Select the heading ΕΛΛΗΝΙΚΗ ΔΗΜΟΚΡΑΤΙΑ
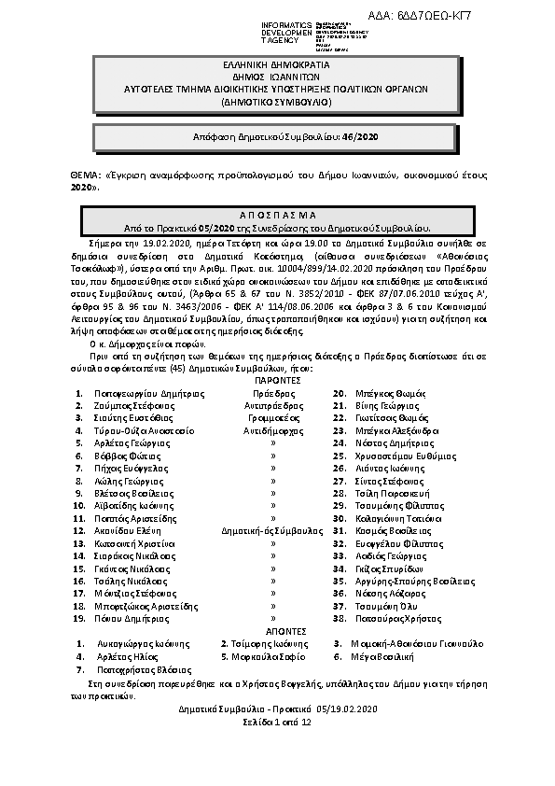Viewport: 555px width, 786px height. click(x=276, y=67)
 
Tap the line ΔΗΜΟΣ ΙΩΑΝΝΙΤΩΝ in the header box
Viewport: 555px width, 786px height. click(x=276, y=78)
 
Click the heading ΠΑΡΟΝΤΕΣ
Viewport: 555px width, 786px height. click(x=276, y=380)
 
